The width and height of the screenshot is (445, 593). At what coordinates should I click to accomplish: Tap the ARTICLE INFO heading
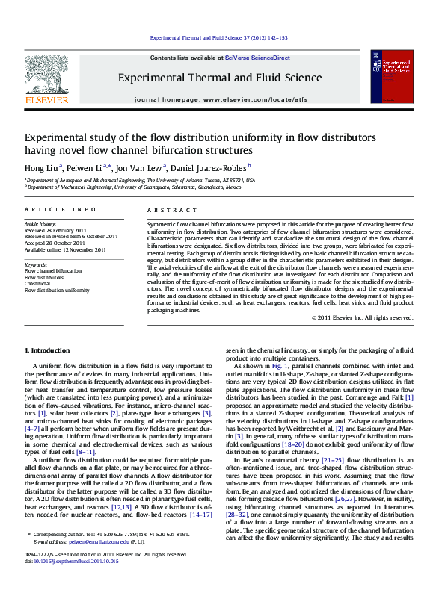pos(61,211)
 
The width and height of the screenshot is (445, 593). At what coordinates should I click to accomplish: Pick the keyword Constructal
pos(38,284)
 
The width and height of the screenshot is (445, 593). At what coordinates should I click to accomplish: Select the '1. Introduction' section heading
pos(48,350)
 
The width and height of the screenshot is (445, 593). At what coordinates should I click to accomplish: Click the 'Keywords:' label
pos(36,264)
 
